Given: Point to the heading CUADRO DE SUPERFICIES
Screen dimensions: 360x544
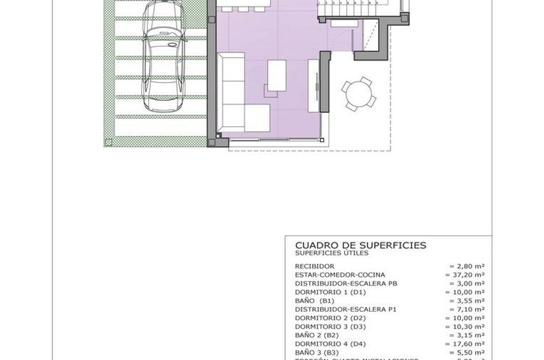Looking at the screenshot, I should click(x=360, y=245).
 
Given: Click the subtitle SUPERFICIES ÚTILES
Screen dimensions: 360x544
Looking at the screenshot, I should click(x=332, y=253).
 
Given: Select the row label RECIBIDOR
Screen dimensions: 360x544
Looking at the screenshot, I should click(x=314, y=267).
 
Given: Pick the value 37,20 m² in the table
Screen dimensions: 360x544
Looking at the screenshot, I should click(x=465, y=275).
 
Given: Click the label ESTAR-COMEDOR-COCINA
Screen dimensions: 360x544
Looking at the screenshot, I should click(x=340, y=275).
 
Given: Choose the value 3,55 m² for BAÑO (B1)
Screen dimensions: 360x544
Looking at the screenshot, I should click(x=467, y=301).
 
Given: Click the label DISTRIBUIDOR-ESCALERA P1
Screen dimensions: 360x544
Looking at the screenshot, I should click(x=345, y=309).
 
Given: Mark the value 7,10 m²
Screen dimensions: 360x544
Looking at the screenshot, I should click(x=467, y=309).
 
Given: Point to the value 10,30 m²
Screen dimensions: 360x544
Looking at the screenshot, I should click(x=465, y=327).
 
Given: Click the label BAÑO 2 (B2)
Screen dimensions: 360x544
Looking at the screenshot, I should click(x=316, y=335).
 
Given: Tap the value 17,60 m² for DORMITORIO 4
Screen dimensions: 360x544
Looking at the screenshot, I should click(x=465, y=344).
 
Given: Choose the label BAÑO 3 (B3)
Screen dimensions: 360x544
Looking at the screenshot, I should click(x=316, y=352).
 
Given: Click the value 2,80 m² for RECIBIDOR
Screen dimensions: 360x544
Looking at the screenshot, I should click(x=467, y=267).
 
